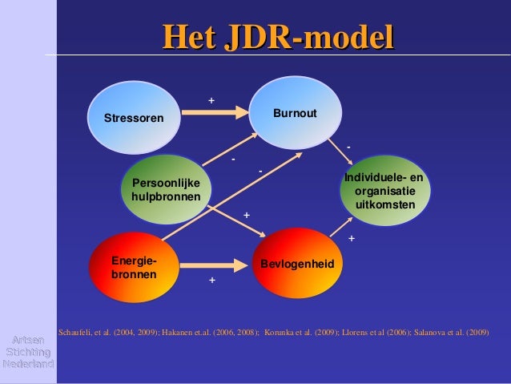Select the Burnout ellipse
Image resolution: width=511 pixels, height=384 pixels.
295,113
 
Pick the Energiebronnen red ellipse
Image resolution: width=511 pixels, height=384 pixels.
134,267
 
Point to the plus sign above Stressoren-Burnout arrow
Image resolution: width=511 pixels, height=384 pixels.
211,100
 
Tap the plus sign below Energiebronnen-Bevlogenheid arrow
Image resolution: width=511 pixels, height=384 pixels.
212,281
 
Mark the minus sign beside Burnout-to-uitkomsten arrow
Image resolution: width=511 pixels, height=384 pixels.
348,147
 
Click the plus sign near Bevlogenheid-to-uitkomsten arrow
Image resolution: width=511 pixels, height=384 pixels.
352,239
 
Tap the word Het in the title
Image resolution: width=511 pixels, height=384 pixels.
187,38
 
